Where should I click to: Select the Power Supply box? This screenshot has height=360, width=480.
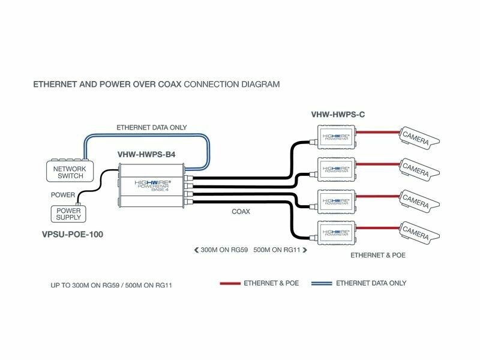pyautogui.click(x=68, y=214)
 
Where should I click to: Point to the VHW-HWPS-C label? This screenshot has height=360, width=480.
pyautogui.click(x=339, y=114)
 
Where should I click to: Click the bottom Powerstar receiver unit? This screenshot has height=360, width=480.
pyautogui.click(x=337, y=231)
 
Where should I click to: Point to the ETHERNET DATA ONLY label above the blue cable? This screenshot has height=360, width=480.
pyautogui.click(x=151, y=127)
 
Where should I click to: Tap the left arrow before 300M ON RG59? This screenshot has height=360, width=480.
pyautogui.click(x=196, y=250)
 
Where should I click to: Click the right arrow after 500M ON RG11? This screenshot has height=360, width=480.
pyautogui.click(x=304, y=250)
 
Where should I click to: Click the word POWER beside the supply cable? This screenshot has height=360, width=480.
pyautogui.click(x=62, y=195)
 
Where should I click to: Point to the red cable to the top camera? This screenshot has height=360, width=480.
pyautogui.click(x=378, y=131)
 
